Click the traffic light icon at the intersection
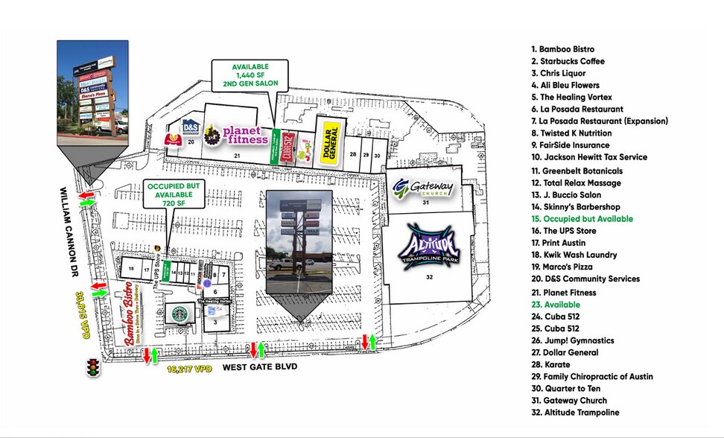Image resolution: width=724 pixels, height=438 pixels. coord(94,366)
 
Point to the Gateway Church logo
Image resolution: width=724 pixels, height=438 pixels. coord(422,186)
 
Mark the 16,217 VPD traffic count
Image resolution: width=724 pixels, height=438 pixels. coord(187,368)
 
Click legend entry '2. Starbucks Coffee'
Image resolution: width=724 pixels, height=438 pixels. coord(568,61)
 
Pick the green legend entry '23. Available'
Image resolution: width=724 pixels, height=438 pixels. coord(556,305)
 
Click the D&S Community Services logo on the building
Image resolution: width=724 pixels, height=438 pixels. coord(191,127)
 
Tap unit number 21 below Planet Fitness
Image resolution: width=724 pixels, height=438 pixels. coord(237,155)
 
